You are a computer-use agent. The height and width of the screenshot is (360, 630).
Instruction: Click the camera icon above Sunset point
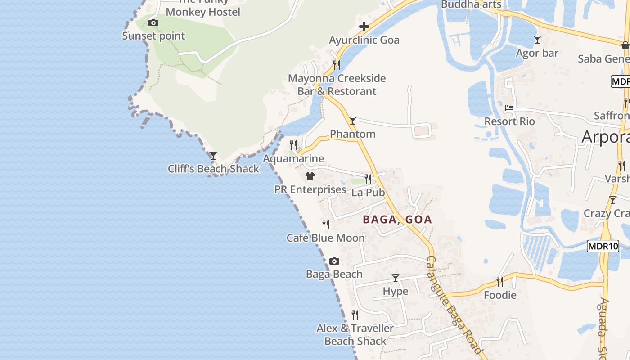(x=153, y=22)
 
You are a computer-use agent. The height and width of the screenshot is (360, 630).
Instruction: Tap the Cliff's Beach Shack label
(x=213, y=169)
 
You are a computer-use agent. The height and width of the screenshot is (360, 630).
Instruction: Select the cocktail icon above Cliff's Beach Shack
(x=213, y=156)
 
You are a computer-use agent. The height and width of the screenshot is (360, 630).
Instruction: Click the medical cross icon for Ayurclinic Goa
(x=364, y=27)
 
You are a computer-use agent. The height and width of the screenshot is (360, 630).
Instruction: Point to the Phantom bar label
(x=353, y=134)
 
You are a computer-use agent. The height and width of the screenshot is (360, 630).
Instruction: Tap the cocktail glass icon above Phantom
(x=353, y=120)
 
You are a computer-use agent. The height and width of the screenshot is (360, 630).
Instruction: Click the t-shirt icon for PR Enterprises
(x=310, y=176)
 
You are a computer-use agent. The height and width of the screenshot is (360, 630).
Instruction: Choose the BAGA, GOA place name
(x=397, y=220)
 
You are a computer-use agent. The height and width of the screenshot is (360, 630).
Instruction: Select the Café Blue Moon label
(x=325, y=238)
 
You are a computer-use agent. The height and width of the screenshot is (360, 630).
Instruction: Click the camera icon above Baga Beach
(x=334, y=261)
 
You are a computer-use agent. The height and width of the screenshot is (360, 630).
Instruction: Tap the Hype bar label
(x=396, y=291)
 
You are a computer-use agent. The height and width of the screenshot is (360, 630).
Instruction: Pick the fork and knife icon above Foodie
(x=499, y=282)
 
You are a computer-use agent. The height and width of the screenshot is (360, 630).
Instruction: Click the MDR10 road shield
(x=603, y=246)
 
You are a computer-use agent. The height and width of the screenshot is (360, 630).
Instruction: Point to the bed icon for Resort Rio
(x=509, y=108)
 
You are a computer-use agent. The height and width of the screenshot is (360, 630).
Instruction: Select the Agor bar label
(x=537, y=53)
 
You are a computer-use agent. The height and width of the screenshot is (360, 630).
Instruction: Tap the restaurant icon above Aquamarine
(x=293, y=145)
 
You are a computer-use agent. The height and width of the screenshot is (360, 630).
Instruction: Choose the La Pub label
(x=368, y=193)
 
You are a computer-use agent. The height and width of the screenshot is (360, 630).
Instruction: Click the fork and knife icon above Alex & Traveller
(x=355, y=315)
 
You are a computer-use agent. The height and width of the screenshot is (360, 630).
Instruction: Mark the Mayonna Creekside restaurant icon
(x=336, y=65)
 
